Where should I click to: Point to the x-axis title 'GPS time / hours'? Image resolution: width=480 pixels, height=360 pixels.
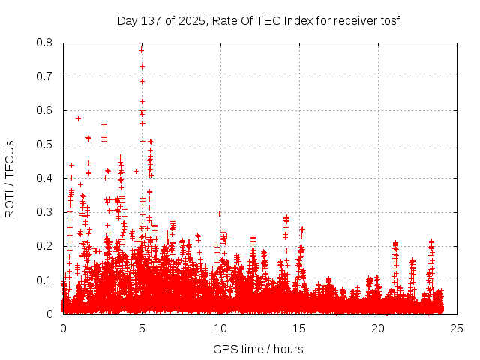(258, 349)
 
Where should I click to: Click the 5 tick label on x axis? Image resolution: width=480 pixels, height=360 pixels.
(142, 328)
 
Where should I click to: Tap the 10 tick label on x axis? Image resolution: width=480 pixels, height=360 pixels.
(220, 328)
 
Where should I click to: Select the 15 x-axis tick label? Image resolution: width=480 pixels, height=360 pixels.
(299, 328)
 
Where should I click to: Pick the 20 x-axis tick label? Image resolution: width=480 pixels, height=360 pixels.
(378, 328)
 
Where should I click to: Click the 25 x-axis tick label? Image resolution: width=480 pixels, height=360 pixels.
(457, 328)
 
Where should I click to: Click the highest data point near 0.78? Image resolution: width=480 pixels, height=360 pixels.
(141, 49)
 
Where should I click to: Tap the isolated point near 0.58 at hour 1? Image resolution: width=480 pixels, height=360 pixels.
(78, 118)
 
